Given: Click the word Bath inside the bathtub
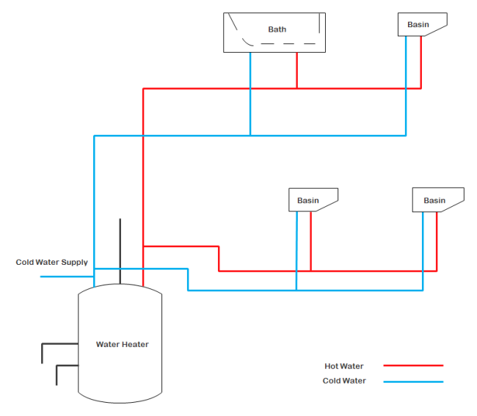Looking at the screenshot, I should [277, 29].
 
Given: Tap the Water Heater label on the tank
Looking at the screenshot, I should [122, 344].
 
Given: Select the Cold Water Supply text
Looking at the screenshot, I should [51, 262].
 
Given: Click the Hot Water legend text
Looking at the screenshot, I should [343, 366].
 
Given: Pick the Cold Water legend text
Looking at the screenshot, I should [343, 381].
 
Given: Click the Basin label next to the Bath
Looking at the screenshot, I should [418, 24].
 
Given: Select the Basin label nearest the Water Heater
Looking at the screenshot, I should [308, 200].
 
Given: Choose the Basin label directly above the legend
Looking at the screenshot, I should [434, 200].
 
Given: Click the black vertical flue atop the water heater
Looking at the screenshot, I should [120, 249].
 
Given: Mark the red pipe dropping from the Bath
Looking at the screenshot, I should [296, 70].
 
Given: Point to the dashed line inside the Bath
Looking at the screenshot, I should [286, 44].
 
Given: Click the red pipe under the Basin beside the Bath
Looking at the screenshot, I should [420, 62].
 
